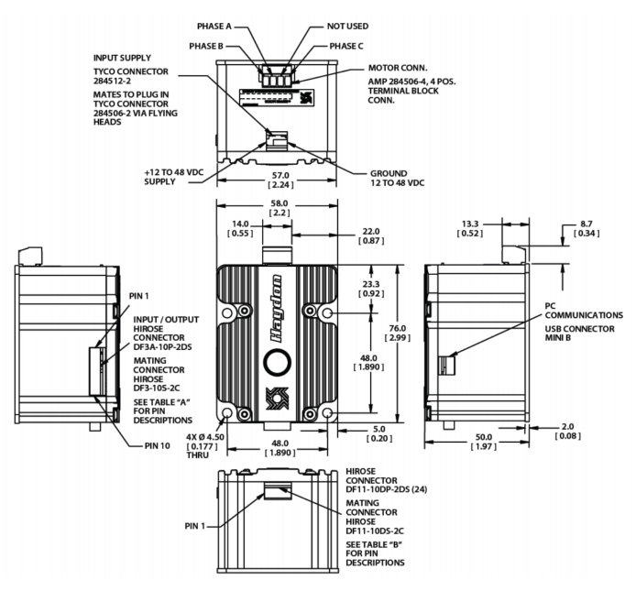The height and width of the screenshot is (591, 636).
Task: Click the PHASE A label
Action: [214, 27]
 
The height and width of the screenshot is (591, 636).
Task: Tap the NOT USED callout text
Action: [347, 27]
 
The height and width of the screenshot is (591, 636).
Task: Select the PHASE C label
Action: [346, 46]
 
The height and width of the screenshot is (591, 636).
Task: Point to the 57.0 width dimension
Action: [280, 175]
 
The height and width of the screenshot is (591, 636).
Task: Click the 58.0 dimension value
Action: [280, 203]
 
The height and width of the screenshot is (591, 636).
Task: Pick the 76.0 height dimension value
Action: [397, 328]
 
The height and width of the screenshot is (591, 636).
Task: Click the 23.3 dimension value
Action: [371, 284]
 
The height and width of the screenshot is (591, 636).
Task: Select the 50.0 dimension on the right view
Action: [484, 437]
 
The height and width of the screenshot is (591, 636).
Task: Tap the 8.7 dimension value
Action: [587, 224]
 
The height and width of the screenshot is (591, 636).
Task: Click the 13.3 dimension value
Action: [470, 224]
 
